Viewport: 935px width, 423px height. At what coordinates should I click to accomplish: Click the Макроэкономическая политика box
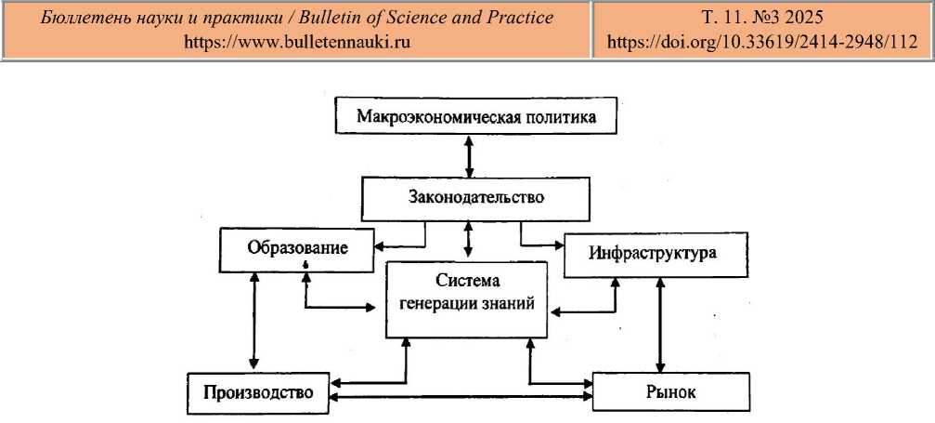coord(475,118)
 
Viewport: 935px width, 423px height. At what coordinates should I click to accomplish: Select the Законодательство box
coord(474,197)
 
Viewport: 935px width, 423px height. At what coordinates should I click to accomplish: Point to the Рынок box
coord(669,390)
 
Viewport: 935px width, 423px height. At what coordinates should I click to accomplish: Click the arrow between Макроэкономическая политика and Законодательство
coord(469,156)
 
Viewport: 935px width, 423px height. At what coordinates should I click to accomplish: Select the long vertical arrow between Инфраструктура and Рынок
coord(660,324)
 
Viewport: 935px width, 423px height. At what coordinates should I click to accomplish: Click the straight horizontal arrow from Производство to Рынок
coord(461,397)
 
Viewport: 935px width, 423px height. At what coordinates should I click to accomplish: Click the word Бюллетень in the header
coord(80,18)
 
